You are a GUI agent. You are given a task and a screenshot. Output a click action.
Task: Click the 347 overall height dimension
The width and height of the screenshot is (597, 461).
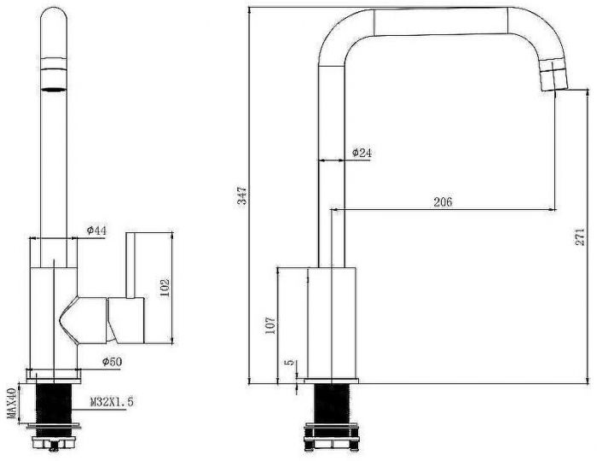[x=242, y=195]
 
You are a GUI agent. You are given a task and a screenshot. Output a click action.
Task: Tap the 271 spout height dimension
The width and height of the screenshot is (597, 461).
[x=580, y=237]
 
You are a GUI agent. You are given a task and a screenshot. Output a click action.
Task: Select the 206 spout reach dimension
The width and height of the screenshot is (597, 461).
[x=443, y=201]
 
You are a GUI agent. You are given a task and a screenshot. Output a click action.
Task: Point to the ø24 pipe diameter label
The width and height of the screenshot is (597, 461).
[x=362, y=153]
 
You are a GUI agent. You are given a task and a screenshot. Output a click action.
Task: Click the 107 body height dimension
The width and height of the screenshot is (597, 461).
[x=270, y=325]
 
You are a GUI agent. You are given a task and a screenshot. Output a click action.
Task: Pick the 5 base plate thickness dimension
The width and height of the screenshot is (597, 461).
[x=291, y=362]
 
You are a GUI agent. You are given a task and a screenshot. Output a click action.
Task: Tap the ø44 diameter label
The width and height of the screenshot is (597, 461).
[x=96, y=230]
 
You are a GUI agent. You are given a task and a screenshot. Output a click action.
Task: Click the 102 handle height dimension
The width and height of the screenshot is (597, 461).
[x=165, y=287]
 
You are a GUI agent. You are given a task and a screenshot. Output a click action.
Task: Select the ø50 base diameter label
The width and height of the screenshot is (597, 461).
[x=113, y=361]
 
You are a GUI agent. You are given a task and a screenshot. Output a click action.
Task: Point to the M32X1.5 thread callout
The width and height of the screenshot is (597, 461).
[x=113, y=401]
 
